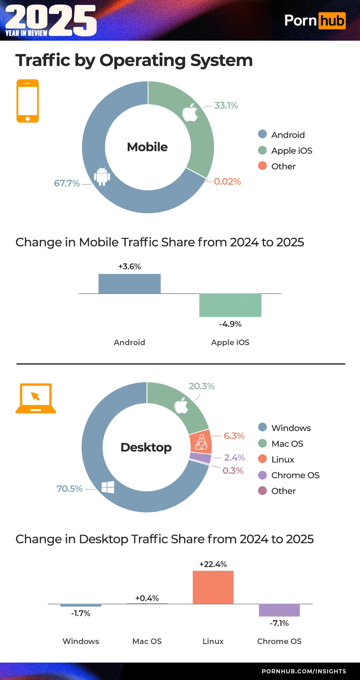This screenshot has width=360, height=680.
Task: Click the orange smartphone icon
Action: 28,101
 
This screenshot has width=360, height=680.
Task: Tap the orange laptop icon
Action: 35,398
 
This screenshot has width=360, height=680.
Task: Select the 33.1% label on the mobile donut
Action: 226,105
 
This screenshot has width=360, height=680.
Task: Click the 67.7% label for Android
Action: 67,183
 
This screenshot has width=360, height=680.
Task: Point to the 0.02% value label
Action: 227,182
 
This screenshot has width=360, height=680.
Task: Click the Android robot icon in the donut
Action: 102,177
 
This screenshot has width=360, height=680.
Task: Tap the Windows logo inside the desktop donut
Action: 108,487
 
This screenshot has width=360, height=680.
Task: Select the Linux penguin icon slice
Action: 201,442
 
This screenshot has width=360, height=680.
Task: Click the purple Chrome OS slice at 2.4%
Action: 200,458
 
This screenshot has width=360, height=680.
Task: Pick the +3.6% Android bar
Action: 129,283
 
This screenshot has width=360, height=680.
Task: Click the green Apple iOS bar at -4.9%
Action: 230,305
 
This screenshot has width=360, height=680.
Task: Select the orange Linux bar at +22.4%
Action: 213,587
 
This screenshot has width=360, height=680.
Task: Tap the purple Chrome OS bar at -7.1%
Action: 279,610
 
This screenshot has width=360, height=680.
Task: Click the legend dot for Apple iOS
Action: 262,150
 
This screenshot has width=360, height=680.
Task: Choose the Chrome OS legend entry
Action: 295,475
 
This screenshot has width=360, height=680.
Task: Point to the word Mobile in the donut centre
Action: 147,147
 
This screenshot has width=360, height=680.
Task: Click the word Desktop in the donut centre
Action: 146,447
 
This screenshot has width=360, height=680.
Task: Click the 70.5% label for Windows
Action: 69,489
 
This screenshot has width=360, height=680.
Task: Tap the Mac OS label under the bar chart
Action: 147,641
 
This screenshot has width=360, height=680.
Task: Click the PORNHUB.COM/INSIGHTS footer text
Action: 304,671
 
